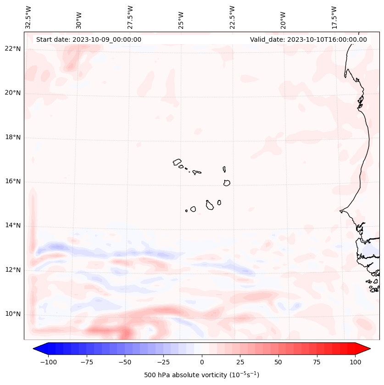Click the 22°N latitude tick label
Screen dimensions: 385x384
[x=13, y=49]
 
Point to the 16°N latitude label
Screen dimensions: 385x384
[x=13, y=182]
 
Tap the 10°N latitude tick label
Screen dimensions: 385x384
[x=13, y=314]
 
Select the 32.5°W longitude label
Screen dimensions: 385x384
[x=28, y=17]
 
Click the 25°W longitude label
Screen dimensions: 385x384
[x=181, y=17]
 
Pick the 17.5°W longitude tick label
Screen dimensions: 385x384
[x=334, y=17]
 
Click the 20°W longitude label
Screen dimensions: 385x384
[x=283, y=17]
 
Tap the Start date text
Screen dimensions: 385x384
[x=89, y=39]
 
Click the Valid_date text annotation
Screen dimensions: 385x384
[x=308, y=39]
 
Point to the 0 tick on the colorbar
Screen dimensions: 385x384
[x=202, y=362]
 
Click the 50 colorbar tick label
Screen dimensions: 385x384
[x=278, y=362]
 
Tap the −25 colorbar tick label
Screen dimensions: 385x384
[x=163, y=362]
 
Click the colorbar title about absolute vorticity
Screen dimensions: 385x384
[x=201, y=375]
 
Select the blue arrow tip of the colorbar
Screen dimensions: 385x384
[x=37, y=349]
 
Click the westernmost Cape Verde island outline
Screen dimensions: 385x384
[x=177, y=162]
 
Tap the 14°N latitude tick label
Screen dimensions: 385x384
[x=13, y=226]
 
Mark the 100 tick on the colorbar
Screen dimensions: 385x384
[x=355, y=362]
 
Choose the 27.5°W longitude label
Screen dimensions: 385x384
[x=130, y=17]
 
